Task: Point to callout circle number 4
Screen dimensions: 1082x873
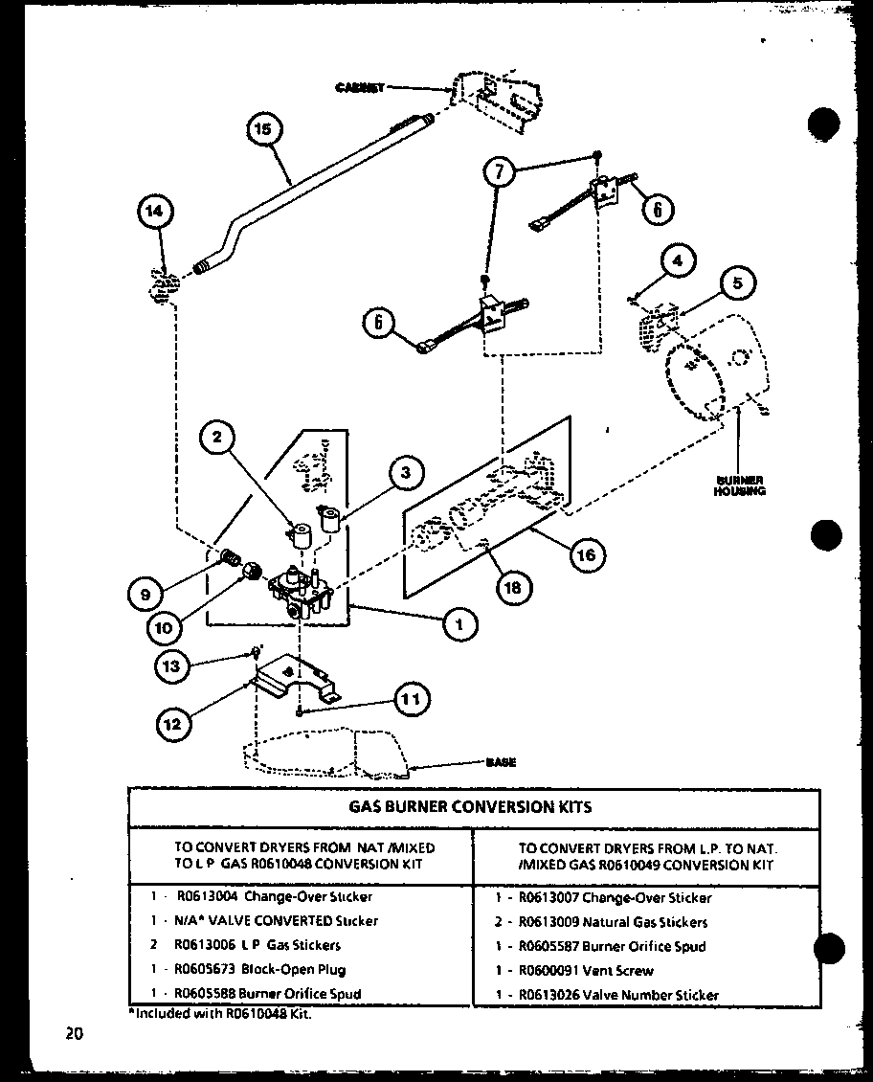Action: point(678,261)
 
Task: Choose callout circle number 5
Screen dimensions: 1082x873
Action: point(738,283)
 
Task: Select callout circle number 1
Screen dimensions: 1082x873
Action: point(459,624)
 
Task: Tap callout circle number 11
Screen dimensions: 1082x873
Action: point(409,700)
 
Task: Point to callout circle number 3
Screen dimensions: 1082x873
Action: point(406,472)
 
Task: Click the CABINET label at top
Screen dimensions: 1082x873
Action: point(359,87)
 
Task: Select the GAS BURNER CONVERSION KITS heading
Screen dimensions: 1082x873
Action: point(470,806)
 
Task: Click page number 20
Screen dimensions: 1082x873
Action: point(74,1032)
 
